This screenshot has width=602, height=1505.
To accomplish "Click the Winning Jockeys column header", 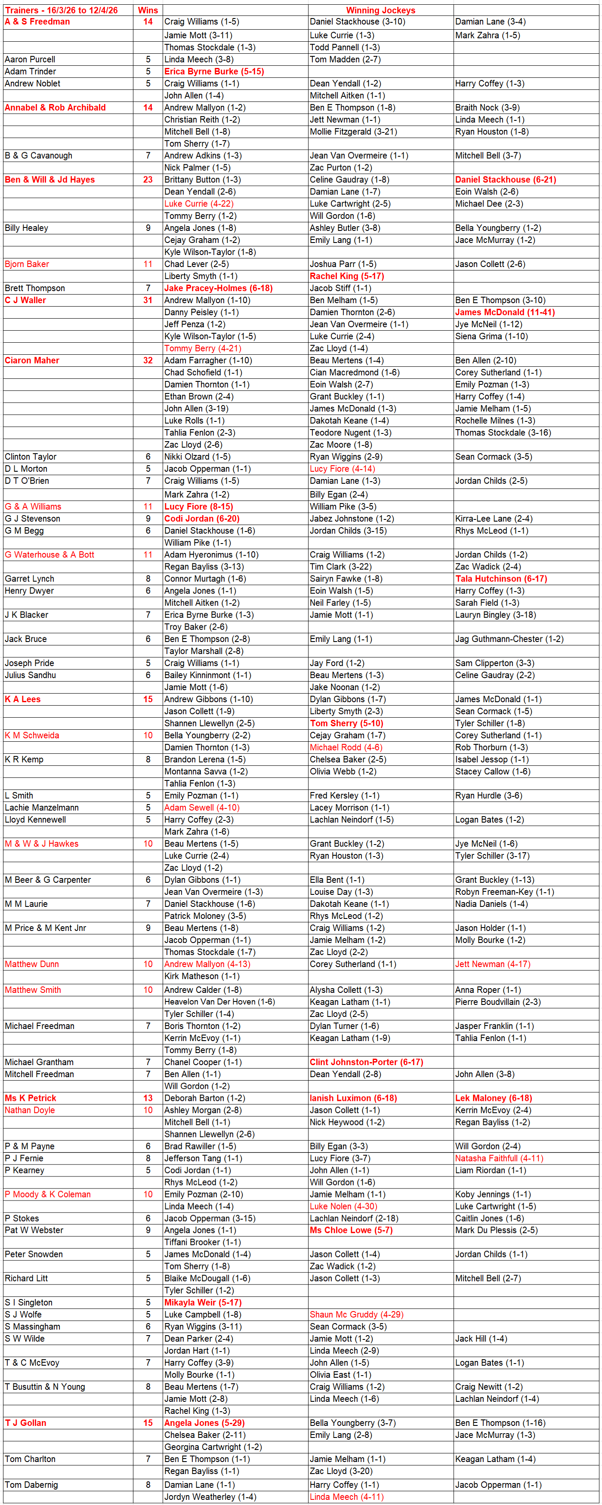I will pyautogui.click(x=380, y=10).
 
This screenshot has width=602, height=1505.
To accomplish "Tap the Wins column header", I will pyautogui.click(x=148, y=10).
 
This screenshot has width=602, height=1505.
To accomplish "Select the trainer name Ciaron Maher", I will pyautogui.click(x=32, y=360).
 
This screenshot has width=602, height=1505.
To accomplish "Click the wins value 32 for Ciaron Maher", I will pyautogui.click(x=148, y=360).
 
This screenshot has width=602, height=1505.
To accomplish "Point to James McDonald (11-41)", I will pyautogui.click(x=505, y=312).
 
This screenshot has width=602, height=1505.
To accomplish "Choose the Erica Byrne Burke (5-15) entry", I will pyautogui.click(x=214, y=71).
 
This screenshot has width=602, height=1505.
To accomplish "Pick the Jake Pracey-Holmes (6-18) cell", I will pyautogui.click(x=218, y=288).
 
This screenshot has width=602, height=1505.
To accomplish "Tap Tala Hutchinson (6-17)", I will pyautogui.click(x=501, y=578).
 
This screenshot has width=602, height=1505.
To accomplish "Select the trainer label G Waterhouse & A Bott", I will pyautogui.click(x=49, y=554).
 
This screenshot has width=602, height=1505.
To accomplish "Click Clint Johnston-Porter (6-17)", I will pyautogui.click(x=366, y=1062).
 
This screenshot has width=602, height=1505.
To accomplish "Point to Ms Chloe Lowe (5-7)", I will pyautogui.click(x=351, y=1230).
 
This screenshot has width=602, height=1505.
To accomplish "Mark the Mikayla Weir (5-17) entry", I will pyautogui.click(x=202, y=1302).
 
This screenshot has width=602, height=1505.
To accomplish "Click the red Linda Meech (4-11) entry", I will pyautogui.click(x=346, y=1496).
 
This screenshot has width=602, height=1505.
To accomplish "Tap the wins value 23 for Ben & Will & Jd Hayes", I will pyautogui.click(x=148, y=179).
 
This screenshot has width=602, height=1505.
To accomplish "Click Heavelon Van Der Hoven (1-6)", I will pyautogui.click(x=219, y=1001).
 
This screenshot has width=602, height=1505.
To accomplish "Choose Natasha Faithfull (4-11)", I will pyautogui.click(x=499, y=1158).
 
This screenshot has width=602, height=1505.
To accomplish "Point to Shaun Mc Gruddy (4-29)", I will pyautogui.click(x=357, y=1314).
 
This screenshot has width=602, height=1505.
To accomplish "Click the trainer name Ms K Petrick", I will pyautogui.click(x=31, y=1098).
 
